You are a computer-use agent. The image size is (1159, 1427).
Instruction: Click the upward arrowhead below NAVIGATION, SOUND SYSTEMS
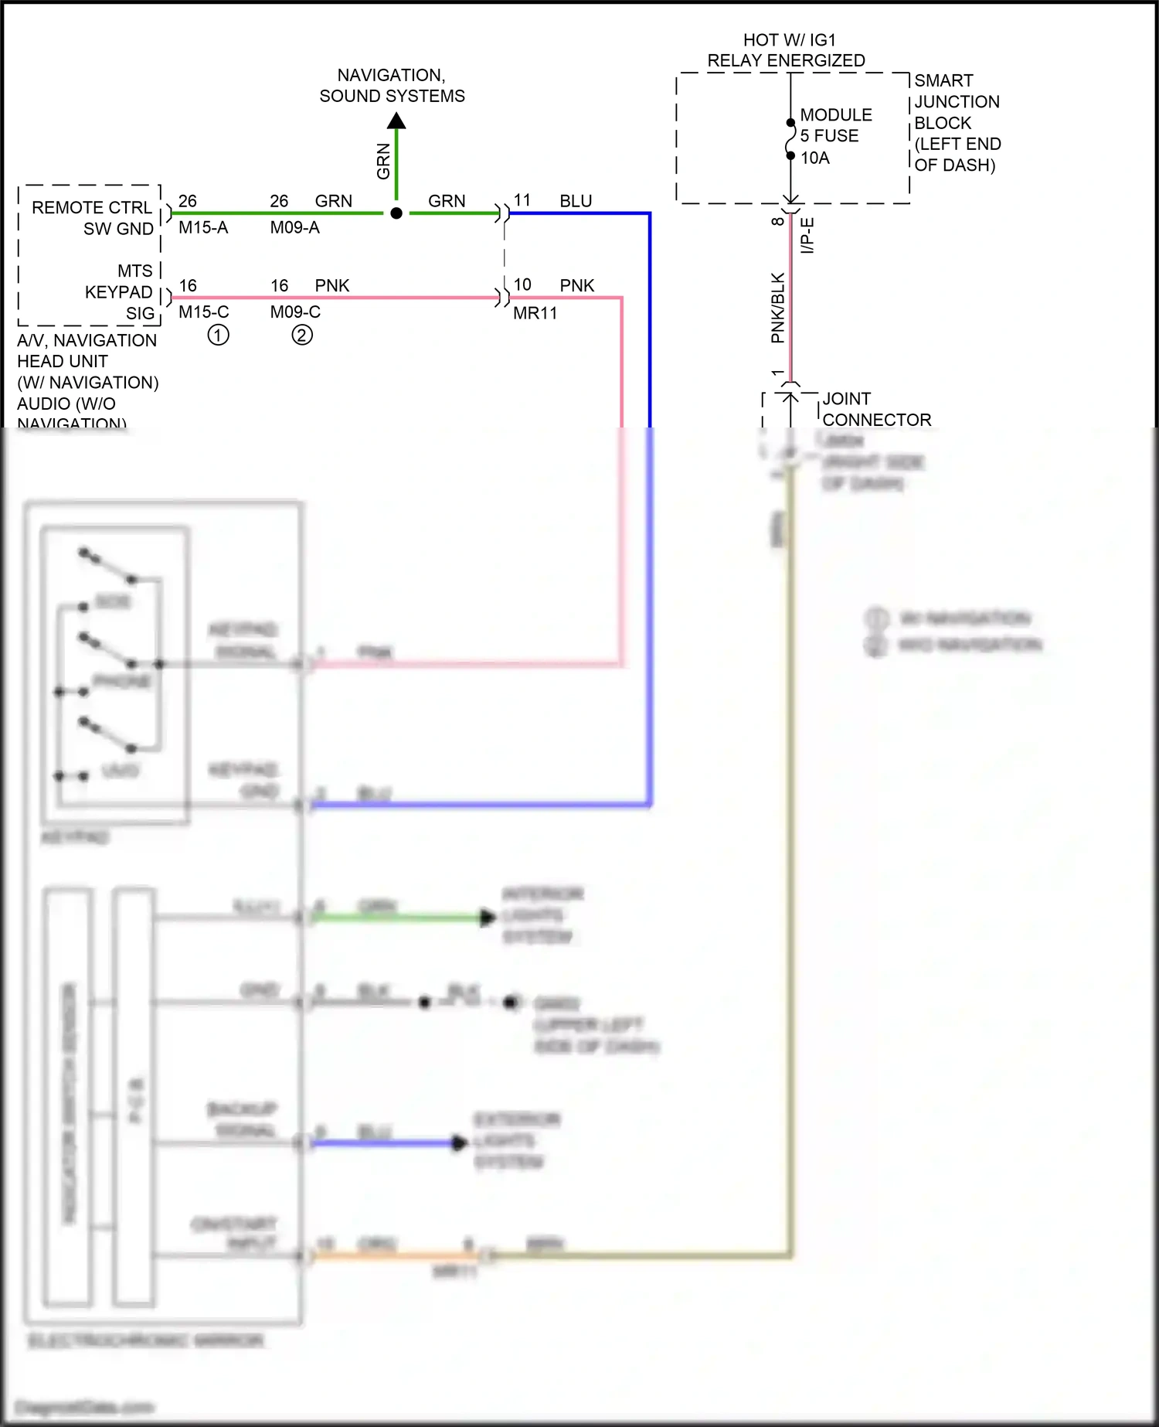(x=396, y=121)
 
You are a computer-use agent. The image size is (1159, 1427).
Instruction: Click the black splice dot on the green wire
(x=396, y=213)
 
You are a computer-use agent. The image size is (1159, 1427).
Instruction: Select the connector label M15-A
(x=203, y=228)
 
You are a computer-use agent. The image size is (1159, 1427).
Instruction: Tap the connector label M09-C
(x=295, y=312)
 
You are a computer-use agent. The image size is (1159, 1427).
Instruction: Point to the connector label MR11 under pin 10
(x=535, y=313)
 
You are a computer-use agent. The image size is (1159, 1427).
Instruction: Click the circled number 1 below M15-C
(x=219, y=335)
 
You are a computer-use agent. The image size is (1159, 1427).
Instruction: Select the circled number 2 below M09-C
(x=302, y=335)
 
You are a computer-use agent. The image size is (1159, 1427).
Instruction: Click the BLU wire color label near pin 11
(x=576, y=201)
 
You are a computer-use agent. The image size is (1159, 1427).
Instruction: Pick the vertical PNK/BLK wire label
(x=778, y=308)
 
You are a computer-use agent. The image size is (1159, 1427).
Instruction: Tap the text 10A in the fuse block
(x=815, y=158)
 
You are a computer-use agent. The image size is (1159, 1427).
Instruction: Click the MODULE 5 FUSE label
(x=834, y=125)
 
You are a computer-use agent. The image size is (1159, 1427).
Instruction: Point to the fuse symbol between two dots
(x=790, y=140)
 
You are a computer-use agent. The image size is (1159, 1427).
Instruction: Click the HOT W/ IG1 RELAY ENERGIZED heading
(x=787, y=50)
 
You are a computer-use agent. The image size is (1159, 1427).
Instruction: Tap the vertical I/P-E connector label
(x=807, y=236)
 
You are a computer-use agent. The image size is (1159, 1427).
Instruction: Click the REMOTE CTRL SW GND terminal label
(x=93, y=218)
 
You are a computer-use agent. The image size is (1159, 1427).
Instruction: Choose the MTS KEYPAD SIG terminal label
(x=120, y=292)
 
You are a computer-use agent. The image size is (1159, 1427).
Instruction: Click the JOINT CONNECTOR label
(x=875, y=410)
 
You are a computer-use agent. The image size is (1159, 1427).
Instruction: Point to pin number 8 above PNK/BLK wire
(x=778, y=222)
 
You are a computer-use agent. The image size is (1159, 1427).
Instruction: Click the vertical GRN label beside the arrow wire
(x=384, y=162)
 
